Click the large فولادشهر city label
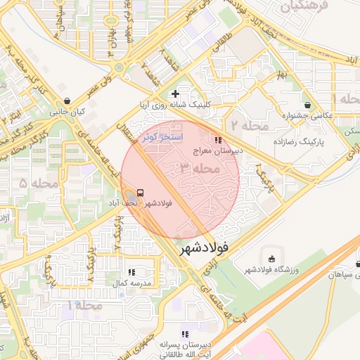pos(205,248)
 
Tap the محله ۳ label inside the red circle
pos(200,169)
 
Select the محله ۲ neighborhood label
pos(250,126)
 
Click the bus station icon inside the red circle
pos(141,193)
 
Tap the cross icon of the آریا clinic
pos(175,94)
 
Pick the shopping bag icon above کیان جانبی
pos(66,101)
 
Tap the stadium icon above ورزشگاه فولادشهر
pos(271,259)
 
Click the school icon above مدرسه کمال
pos(131,271)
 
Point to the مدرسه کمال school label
pos(131,283)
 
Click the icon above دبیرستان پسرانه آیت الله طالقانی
pos(184,334)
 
